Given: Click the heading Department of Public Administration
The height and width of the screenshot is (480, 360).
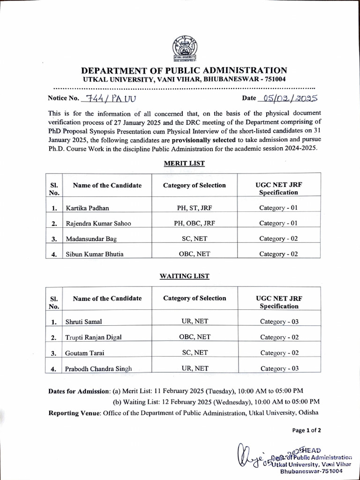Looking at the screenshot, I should point(180,70).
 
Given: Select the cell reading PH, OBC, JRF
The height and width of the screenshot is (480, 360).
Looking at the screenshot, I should point(194,223).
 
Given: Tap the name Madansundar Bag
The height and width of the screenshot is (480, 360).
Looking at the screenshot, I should point(91,239).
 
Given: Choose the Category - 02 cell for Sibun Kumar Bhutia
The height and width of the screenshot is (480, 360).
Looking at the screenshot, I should point(279,254).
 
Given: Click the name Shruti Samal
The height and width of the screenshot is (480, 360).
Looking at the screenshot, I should point(83,322).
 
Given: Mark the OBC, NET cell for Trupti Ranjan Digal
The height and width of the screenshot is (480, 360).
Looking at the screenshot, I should point(195,337).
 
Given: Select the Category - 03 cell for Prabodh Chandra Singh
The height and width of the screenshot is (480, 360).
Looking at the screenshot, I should point(279,368).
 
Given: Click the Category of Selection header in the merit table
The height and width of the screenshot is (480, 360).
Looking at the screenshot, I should point(194,185).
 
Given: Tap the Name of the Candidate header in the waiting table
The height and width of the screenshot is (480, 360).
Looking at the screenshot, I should point(107,299).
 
